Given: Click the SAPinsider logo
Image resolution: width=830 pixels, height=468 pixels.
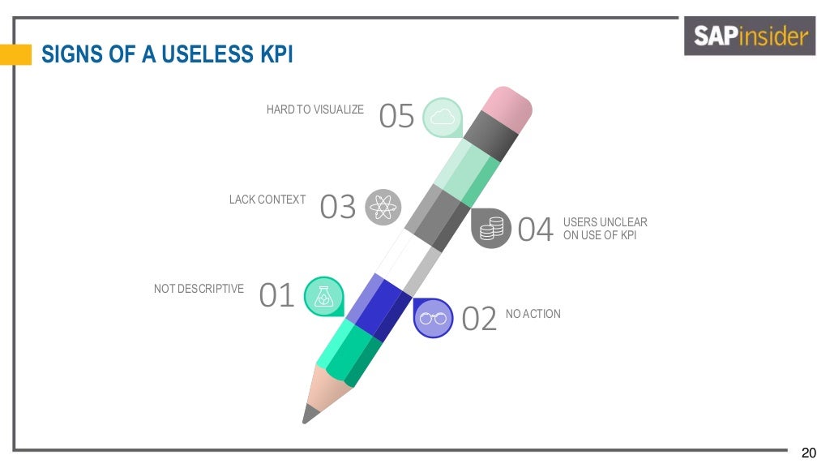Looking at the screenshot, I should tap(749, 36).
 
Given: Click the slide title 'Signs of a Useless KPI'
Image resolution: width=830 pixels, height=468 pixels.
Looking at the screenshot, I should tap(167, 55).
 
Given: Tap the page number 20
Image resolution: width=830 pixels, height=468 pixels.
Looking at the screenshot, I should tap(808, 452).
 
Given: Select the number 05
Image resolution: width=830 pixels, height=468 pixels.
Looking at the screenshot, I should tap(397, 117).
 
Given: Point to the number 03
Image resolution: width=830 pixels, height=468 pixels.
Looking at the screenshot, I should tap(338, 208).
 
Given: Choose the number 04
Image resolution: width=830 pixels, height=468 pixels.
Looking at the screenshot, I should tap(535, 230).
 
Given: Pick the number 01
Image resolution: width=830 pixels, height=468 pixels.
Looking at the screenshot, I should tap(276, 296).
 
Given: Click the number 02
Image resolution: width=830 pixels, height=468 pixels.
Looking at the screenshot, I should tap(478, 319).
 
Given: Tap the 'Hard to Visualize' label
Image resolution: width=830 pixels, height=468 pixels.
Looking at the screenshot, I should tap(315, 109).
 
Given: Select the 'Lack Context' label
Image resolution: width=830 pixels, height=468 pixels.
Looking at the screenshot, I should tap(267, 200).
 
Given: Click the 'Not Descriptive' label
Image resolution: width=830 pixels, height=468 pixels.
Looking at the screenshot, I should tap(199, 289).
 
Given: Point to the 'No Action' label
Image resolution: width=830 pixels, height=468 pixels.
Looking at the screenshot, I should tap(533, 314).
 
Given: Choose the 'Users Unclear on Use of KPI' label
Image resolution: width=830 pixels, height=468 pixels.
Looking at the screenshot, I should tap(605, 229).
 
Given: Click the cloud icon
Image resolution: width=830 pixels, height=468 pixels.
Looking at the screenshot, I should tap(442, 118).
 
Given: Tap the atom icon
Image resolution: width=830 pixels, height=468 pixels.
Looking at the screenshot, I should tap(383, 207).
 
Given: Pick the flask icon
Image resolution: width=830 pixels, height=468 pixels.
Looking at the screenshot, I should tap(323, 296).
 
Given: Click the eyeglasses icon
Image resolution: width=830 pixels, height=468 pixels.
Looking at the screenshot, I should tap(433, 318).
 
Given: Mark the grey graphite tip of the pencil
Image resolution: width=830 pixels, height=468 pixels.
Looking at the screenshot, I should tap(309, 414).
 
